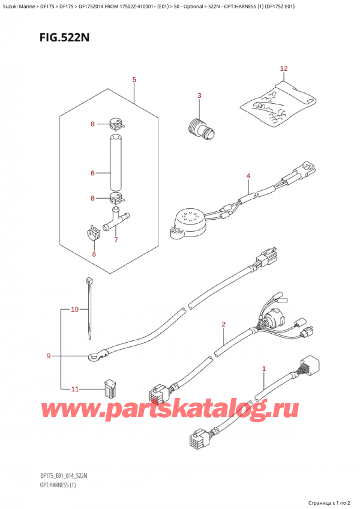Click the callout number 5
tap(134, 80)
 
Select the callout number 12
tap(284, 69)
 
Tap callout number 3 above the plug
tap(199, 95)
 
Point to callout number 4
tap(247, 176)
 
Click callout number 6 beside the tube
tap(92, 173)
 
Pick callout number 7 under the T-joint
tap(116, 240)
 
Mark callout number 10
tap(74, 310)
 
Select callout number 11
tap(74, 389)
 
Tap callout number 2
tap(223, 325)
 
